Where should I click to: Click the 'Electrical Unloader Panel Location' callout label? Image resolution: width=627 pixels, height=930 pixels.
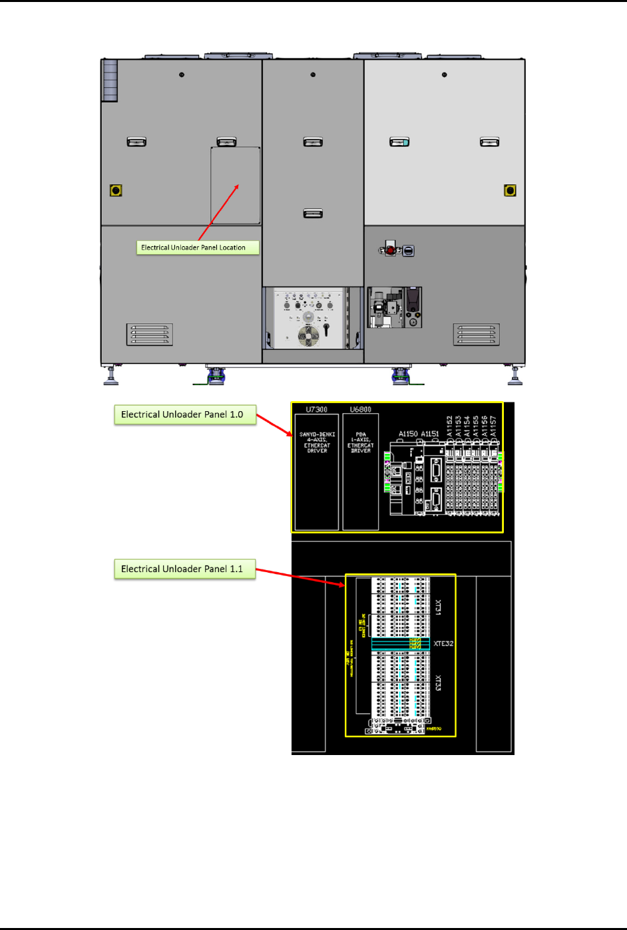198,247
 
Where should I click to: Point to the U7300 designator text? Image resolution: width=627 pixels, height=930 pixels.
316,410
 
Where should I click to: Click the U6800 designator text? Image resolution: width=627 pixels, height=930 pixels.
361,410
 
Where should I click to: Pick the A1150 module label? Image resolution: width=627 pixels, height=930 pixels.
408,434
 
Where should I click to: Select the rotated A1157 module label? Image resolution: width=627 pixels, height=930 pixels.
493,426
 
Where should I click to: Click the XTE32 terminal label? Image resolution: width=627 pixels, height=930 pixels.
443,644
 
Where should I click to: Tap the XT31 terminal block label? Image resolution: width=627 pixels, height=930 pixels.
438,607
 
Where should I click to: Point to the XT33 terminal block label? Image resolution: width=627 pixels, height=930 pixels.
438,683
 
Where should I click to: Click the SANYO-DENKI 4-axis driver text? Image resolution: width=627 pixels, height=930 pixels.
317,442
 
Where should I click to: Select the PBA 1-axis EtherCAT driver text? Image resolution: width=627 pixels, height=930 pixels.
361,442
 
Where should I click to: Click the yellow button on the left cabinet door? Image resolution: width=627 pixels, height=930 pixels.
116,190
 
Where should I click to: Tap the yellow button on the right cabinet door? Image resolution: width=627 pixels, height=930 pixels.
510,190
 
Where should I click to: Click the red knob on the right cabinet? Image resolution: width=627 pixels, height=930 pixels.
390,250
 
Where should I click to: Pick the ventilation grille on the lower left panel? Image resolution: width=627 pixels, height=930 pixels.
150,335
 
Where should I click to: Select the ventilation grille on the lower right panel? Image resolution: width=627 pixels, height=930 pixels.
477,335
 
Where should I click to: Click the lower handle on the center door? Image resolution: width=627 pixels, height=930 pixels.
313,214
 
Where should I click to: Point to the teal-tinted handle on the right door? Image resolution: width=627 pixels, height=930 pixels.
399,142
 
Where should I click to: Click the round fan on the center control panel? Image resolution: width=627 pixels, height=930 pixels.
308,336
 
